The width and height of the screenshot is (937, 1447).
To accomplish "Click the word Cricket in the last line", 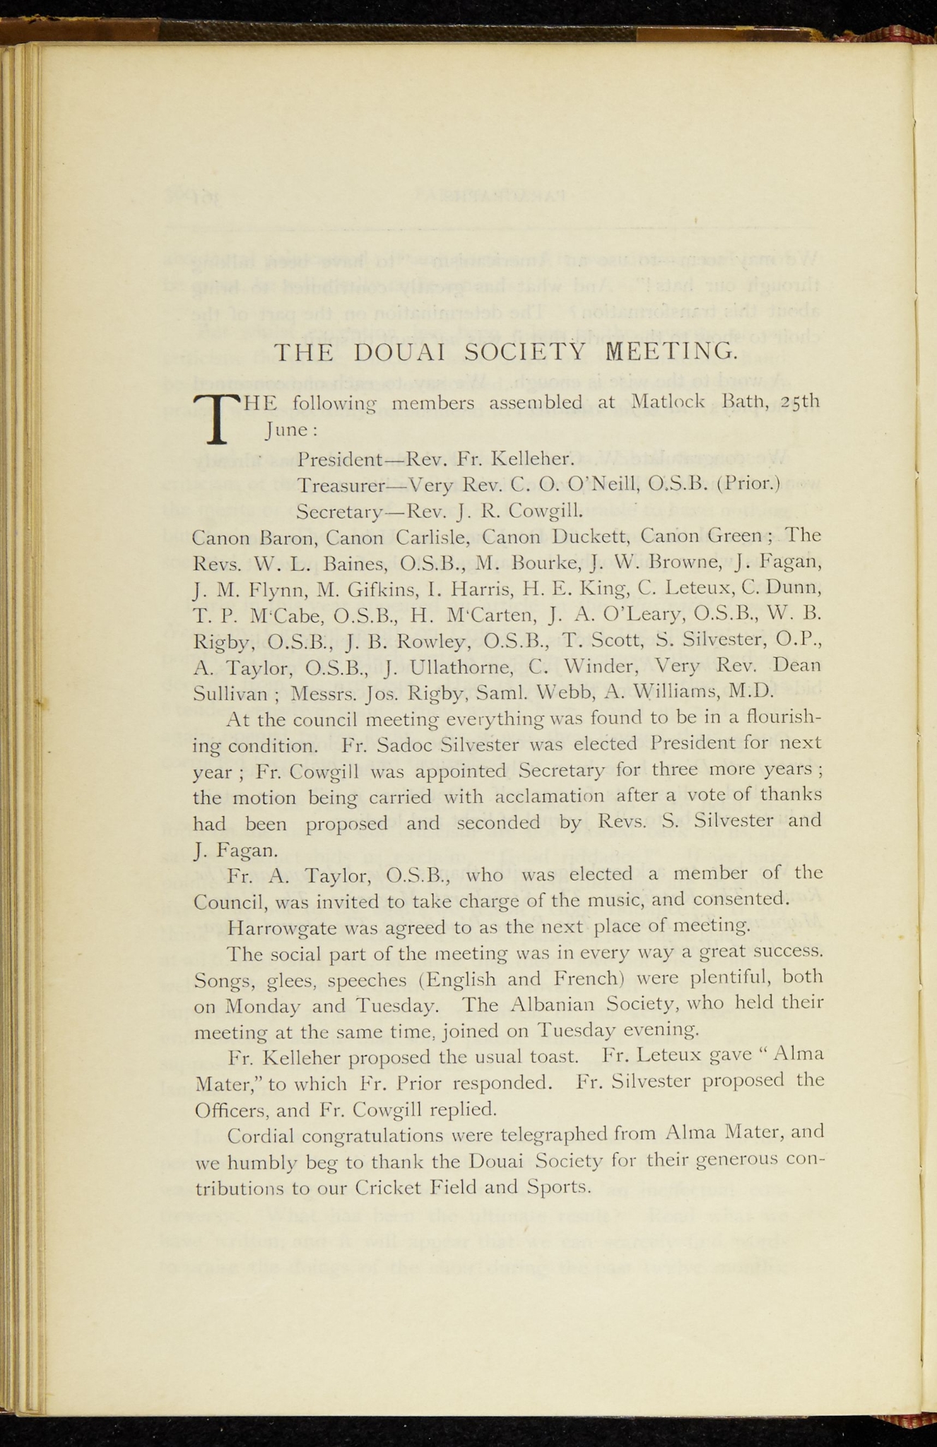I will [x=388, y=1187].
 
